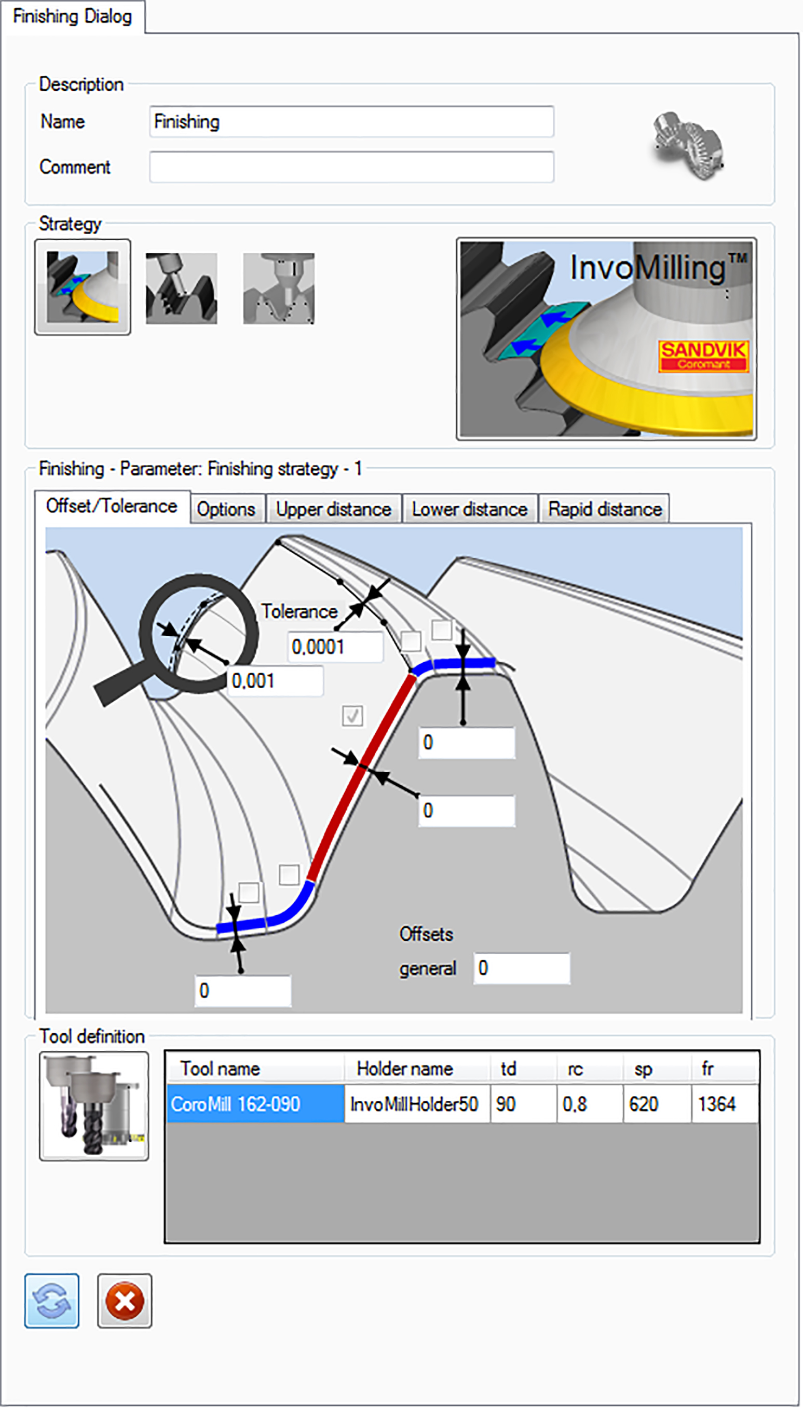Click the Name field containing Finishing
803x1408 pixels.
click(351, 122)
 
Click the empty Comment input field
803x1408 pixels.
click(351, 167)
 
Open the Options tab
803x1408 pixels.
click(226, 509)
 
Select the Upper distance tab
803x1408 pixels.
click(333, 509)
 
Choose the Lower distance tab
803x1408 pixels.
click(469, 509)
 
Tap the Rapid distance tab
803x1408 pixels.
click(604, 509)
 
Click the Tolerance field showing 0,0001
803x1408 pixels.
click(334, 647)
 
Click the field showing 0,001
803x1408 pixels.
click(275, 681)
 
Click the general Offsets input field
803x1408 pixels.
click(521, 968)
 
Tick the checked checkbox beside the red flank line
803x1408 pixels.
click(352, 716)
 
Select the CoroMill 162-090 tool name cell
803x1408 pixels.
click(255, 1104)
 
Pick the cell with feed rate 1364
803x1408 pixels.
click(724, 1104)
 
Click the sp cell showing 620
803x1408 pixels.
click(656, 1104)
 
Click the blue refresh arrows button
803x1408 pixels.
click(52, 1301)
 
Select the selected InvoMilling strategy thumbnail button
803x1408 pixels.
click(83, 286)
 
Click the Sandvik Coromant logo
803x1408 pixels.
click(703, 356)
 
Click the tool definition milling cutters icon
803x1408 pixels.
click(94, 1106)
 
